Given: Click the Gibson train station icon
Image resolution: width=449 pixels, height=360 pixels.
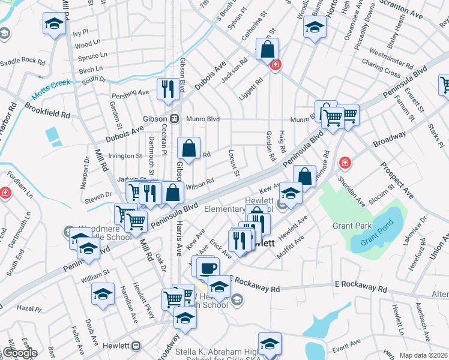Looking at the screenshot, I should pyautogui.click(x=175, y=118).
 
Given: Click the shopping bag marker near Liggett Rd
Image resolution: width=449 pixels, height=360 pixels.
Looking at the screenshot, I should pyautogui.click(x=267, y=50).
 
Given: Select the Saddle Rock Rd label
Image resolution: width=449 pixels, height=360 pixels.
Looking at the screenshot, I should pyautogui.click(x=23, y=62).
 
